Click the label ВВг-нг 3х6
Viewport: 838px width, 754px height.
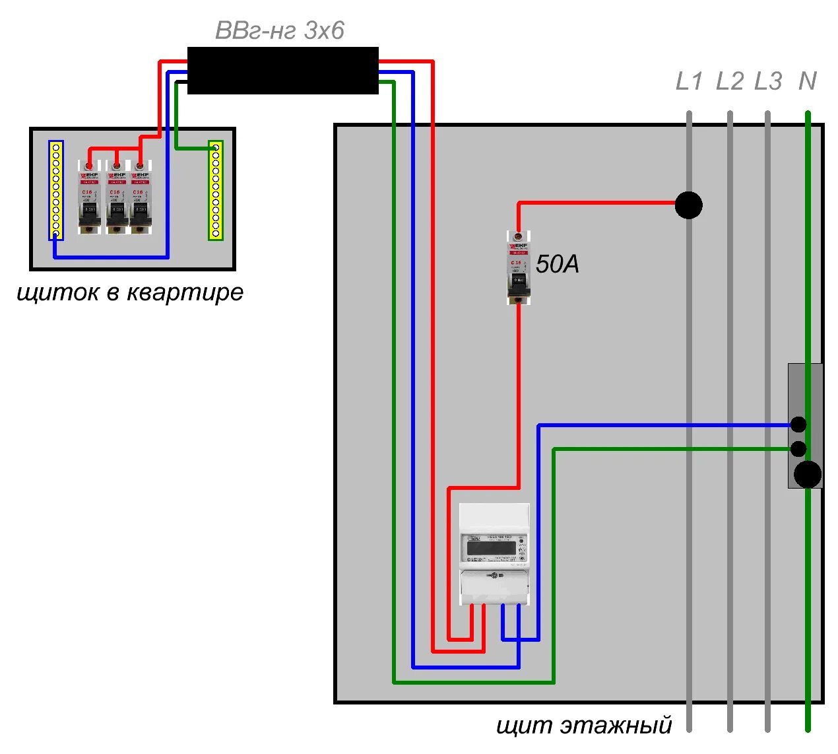280,30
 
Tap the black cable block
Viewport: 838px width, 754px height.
282,70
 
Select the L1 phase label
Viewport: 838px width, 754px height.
690,81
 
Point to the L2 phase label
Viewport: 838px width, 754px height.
730,81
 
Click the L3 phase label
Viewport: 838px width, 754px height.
768,81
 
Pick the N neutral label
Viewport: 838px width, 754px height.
808,81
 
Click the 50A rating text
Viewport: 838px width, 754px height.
558,264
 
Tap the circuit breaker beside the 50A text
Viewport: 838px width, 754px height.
518,267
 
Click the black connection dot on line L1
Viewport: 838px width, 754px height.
689,205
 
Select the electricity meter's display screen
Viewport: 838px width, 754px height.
492,547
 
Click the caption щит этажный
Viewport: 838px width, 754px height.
584,725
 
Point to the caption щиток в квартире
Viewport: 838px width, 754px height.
130,292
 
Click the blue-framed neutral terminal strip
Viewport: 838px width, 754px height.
56,190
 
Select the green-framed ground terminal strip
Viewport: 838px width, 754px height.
216,190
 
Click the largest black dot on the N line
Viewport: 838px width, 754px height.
808,474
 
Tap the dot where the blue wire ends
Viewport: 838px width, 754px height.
798,425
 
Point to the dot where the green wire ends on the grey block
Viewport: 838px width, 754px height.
798,449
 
